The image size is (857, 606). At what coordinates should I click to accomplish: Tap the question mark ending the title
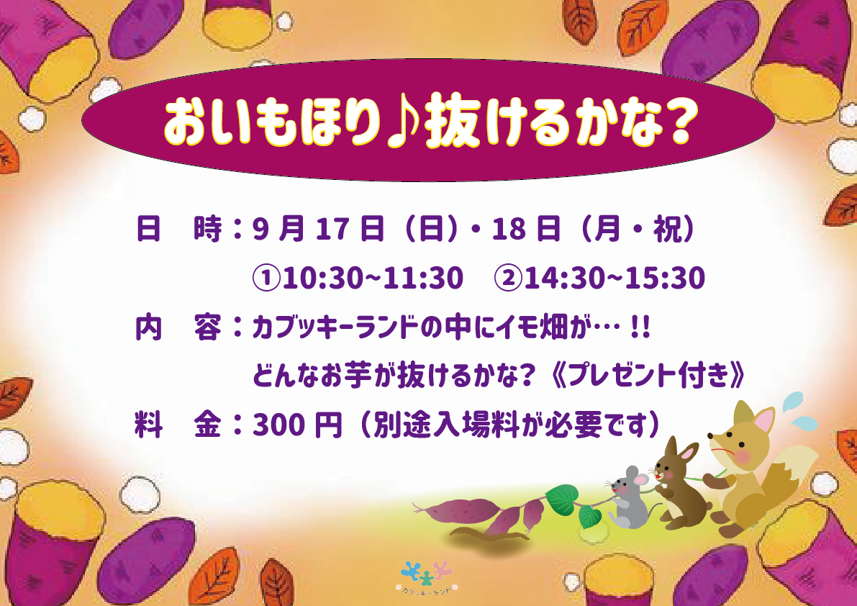point(679,122)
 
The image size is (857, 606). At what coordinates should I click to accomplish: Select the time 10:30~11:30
point(373,278)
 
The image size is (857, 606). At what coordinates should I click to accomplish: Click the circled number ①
point(267,278)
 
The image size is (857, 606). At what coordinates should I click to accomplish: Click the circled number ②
point(508,278)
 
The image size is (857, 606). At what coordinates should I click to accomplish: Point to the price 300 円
point(296,425)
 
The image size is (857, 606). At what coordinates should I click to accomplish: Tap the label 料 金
point(178,425)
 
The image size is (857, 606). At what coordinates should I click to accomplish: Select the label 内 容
point(178,327)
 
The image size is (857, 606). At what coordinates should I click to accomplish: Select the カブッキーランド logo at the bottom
point(426,578)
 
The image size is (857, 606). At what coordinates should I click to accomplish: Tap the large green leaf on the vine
point(561,498)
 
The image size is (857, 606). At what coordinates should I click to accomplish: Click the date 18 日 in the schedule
point(526,229)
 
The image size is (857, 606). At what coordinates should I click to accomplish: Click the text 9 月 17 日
point(318,229)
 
